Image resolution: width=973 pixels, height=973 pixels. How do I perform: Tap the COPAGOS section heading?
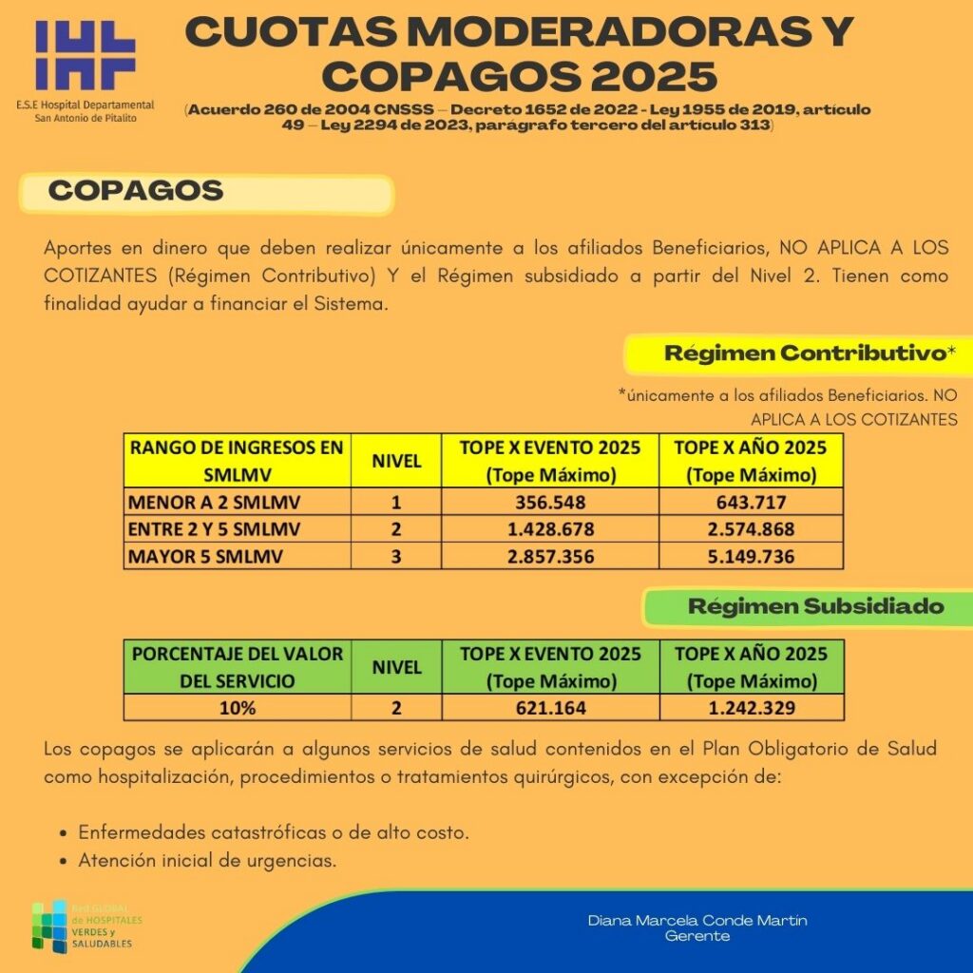click(136, 191)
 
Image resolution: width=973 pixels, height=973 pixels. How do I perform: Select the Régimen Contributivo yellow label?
click(809, 353)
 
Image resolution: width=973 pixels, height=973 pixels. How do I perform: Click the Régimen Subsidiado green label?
click(815, 606)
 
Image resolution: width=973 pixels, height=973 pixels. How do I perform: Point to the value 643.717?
click(751, 502)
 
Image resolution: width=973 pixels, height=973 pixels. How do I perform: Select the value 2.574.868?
click(751, 529)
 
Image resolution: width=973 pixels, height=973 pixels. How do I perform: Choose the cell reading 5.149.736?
click(751, 556)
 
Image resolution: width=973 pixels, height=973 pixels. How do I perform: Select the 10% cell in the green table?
click(238, 708)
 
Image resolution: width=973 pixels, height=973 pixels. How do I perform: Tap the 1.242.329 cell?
click(751, 708)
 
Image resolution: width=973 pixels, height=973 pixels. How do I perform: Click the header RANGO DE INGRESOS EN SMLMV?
click(237, 460)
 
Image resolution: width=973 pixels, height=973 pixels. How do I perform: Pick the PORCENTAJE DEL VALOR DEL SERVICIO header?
click(238, 667)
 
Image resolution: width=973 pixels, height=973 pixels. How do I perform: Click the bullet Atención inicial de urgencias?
click(208, 862)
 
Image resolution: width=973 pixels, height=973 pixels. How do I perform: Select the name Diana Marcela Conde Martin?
click(697, 921)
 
